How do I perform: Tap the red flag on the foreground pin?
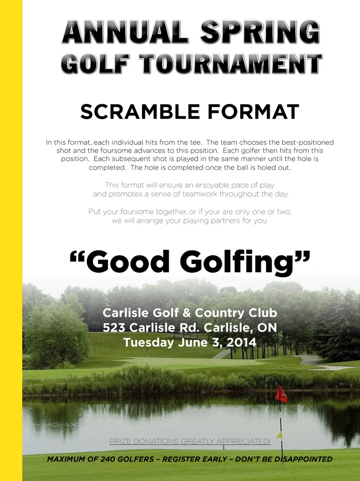[x=281, y=394]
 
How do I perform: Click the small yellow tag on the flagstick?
[x=279, y=435]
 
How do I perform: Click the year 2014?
[x=241, y=342]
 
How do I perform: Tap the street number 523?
[x=114, y=328]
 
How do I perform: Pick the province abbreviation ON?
[x=267, y=328]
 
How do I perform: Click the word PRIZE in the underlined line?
[x=120, y=441]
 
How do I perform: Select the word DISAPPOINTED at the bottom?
[x=303, y=459]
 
